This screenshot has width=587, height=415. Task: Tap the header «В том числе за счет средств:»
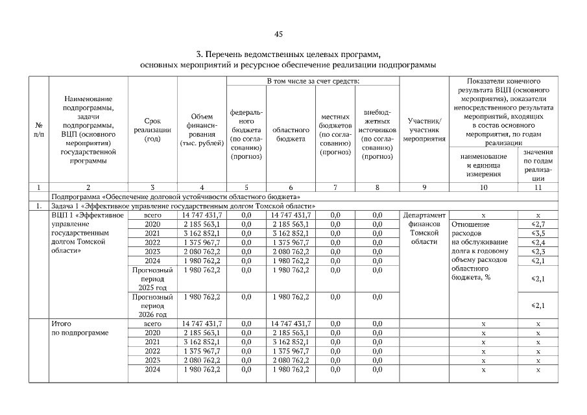[x=312, y=80]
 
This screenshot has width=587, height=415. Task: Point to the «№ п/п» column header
[x=39, y=130]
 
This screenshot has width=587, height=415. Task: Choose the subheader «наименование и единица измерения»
[x=483, y=165]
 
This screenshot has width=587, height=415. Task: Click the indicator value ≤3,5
[x=537, y=233]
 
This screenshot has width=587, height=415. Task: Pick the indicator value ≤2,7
[x=537, y=224]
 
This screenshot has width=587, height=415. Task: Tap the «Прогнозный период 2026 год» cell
[x=152, y=305]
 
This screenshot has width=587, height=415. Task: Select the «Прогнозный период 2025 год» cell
[x=152, y=278]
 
